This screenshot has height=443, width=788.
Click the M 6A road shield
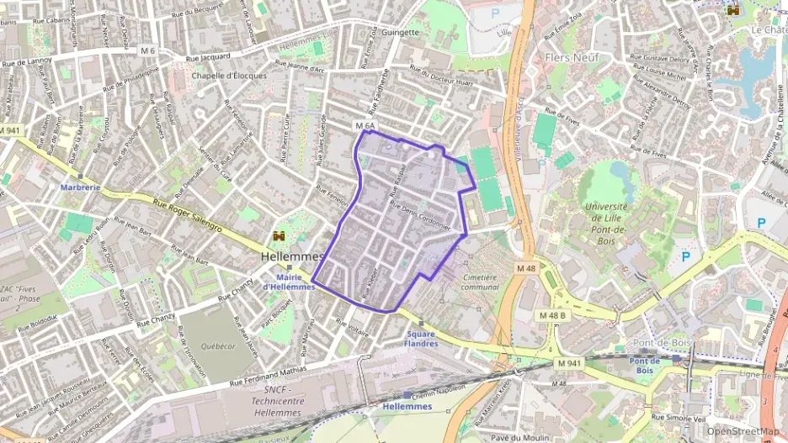pos(365,125)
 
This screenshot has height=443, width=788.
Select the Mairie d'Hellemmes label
pos(289,282)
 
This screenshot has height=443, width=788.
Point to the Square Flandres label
pos(421,338)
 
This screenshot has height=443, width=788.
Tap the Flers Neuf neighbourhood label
pos(569,58)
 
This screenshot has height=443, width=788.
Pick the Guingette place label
pos(400,33)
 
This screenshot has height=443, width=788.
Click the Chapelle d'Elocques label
pos(229,75)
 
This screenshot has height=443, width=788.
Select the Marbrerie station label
pos(81,187)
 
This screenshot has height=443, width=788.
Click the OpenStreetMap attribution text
pos(742,431)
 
